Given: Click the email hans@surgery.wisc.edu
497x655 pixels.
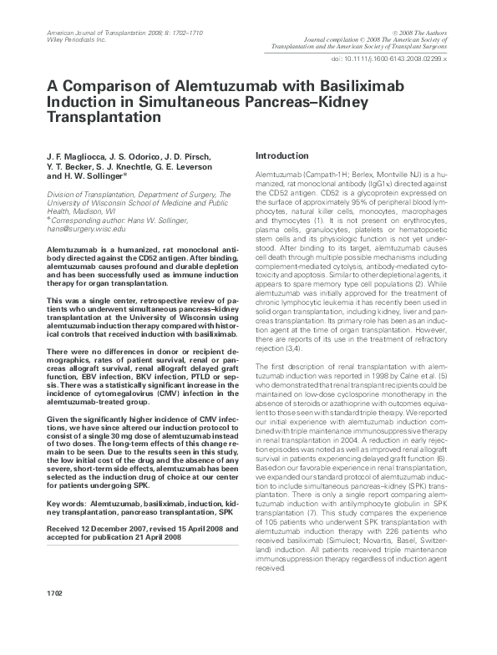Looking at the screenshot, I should (x=87, y=228).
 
